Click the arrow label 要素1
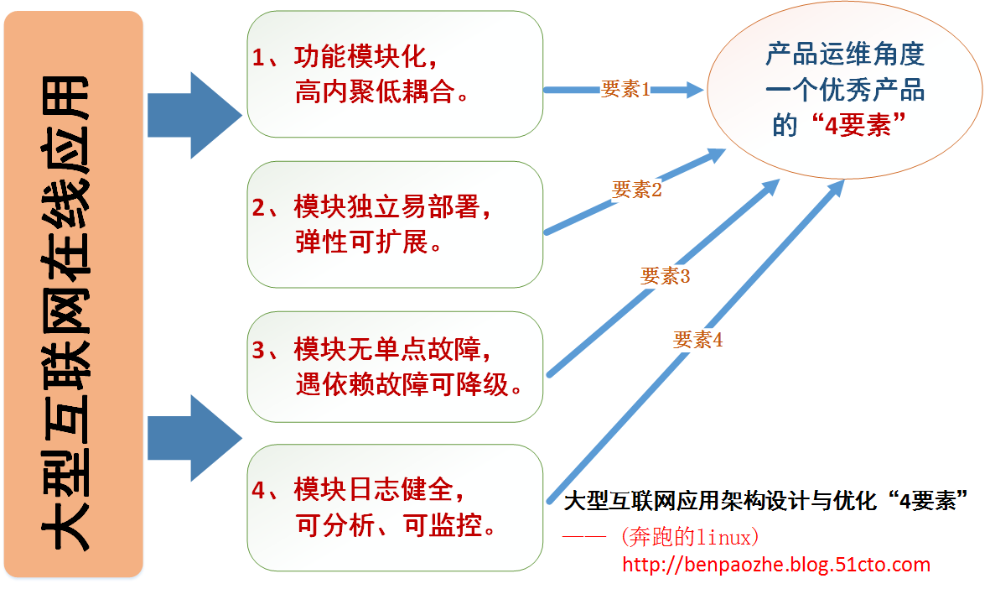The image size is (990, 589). pos(625,90)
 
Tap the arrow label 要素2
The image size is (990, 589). pos(637,190)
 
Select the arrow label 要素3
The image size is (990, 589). pos(665,275)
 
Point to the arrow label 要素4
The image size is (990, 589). pos(697,340)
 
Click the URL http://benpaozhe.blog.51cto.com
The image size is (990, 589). pos(776,565)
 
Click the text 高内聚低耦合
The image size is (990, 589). pos(381,92)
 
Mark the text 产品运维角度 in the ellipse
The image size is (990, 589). pos(845,55)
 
